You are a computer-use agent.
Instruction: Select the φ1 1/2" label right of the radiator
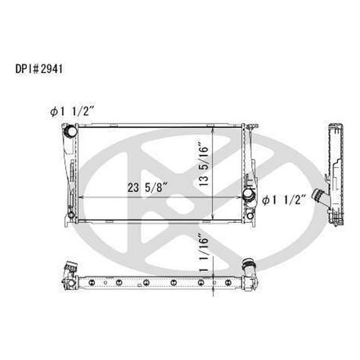point(284,200)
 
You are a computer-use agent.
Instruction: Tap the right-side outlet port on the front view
point(251,196)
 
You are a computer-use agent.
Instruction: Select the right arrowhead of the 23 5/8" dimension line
point(241,198)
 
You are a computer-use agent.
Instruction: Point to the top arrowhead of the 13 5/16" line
point(214,129)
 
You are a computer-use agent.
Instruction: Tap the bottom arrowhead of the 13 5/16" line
point(214,219)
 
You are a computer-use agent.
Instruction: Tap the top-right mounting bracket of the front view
point(249,129)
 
